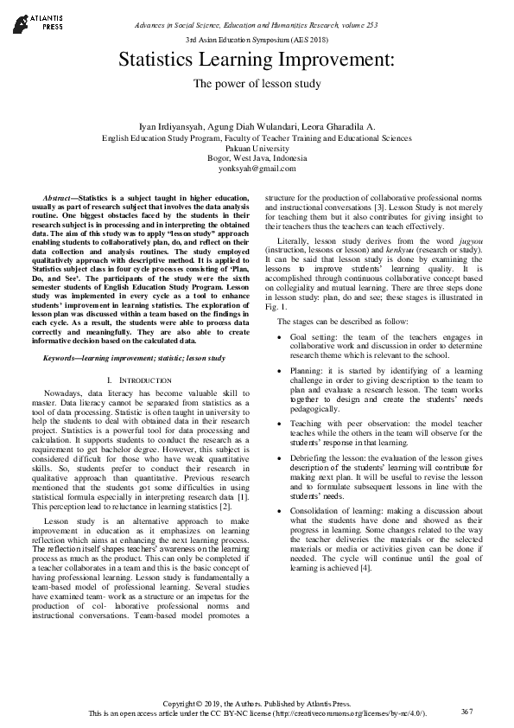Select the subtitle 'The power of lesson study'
click(257, 84)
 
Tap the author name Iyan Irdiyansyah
click(172, 127)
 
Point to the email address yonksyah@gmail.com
click(257, 169)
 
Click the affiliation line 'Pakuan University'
click(257, 148)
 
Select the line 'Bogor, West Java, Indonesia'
click(257, 158)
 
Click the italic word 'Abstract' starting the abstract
click(60, 199)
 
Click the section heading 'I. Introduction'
click(146, 380)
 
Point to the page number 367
click(467, 711)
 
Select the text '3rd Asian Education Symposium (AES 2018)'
click(257, 41)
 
